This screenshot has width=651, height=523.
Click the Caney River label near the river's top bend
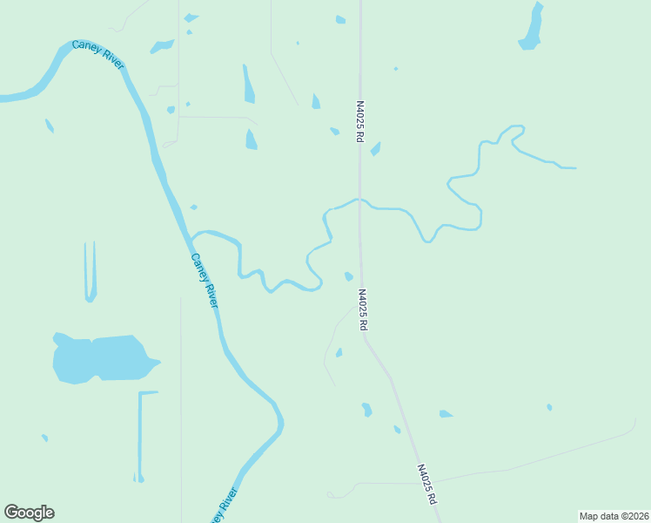(97, 54)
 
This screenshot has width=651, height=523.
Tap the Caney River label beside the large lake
(204, 280)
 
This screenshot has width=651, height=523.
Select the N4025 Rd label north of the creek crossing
(359, 122)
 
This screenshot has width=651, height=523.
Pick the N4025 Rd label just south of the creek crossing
(362, 309)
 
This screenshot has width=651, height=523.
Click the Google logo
(29, 513)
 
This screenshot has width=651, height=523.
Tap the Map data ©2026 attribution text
(614, 515)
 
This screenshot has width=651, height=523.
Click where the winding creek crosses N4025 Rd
(359, 200)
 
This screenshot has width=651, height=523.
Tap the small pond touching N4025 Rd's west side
(349, 277)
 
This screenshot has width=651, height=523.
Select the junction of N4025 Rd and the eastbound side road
(433, 480)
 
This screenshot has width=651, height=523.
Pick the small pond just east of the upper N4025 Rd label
(375, 149)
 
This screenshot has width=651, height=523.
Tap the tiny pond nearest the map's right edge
(549, 407)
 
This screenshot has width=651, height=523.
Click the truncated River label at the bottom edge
(225, 507)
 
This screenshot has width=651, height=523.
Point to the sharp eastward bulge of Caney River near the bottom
(280, 423)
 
